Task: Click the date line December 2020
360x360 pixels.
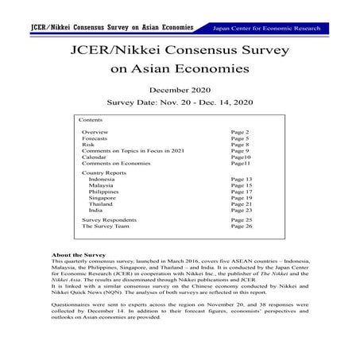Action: (x=180, y=90)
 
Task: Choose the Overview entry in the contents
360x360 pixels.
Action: (x=95, y=132)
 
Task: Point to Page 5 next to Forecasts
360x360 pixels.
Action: (x=240, y=138)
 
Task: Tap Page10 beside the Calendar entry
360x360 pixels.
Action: (x=240, y=157)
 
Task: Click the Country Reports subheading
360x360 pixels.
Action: (x=104, y=172)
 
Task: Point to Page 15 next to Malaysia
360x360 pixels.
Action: (x=242, y=186)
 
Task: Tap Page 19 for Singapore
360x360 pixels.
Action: (x=242, y=198)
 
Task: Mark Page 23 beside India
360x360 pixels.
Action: (x=242, y=211)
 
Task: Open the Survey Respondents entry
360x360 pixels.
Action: (x=109, y=219)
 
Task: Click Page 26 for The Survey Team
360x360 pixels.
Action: (x=242, y=226)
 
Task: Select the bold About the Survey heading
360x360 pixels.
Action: (x=78, y=255)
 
